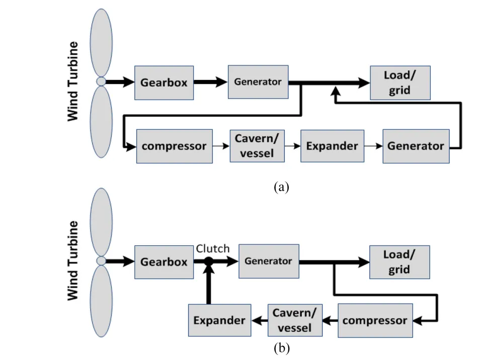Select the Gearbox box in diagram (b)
(x=164, y=261)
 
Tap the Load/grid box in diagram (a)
(x=400, y=82)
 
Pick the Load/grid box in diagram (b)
(x=400, y=261)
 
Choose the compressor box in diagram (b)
(x=375, y=320)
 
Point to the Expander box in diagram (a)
(x=332, y=146)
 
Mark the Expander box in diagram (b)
(x=220, y=320)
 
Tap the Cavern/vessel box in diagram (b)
(x=295, y=320)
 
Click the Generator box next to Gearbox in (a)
(x=258, y=82)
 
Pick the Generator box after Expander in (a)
(x=416, y=146)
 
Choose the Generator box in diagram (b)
(x=268, y=261)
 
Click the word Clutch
(x=212, y=248)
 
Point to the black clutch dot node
(x=209, y=261)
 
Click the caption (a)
(x=281, y=188)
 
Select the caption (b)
(x=281, y=348)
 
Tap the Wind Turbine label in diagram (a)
(x=73, y=82)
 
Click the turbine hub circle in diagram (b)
(x=101, y=260)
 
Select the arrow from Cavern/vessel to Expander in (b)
(x=259, y=320)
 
